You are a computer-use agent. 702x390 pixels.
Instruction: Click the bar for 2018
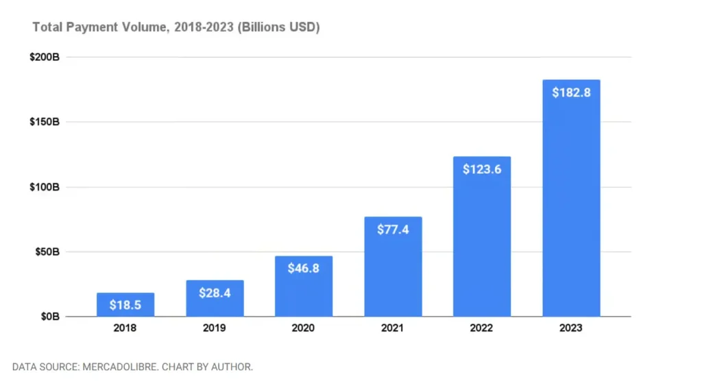(125, 304)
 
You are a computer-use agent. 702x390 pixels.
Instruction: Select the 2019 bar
(215, 298)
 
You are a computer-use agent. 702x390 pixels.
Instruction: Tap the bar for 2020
(304, 286)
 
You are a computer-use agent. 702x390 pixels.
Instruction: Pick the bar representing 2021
(393, 267)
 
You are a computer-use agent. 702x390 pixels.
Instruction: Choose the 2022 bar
(482, 236)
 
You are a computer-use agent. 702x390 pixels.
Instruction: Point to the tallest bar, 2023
(571, 198)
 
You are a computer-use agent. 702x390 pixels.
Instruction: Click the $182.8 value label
(571, 93)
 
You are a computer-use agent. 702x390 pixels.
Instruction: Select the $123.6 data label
(482, 169)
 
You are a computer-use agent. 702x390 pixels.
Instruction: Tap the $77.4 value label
(393, 230)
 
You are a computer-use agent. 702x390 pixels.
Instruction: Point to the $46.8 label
(304, 268)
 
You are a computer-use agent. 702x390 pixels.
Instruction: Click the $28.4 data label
(215, 293)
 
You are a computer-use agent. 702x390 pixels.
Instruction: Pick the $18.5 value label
(125, 305)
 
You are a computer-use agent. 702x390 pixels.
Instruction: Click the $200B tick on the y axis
(45, 57)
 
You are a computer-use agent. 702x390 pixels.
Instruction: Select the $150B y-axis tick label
(45, 122)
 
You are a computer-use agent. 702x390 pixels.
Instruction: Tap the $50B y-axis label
(47, 252)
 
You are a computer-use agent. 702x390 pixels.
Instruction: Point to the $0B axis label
(50, 317)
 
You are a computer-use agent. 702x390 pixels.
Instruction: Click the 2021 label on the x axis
(392, 328)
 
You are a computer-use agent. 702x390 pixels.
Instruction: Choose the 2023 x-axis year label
(571, 328)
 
